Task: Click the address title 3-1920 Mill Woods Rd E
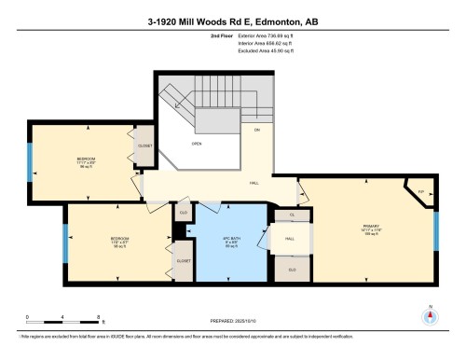pyautogui.click(x=232, y=21)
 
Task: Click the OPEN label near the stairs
pyautogui.click(x=197, y=144)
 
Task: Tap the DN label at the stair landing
pyautogui.click(x=256, y=130)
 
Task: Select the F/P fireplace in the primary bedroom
pyautogui.click(x=420, y=191)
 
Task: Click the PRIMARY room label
pyautogui.click(x=369, y=227)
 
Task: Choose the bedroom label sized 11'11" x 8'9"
pyautogui.click(x=86, y=160)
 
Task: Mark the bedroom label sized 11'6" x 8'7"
pyautogui.click(x=119, y=240)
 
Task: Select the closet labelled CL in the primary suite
pyautogui.click(x=293, y=215)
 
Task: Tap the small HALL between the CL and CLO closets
pyautogui.click(x=289, y=239)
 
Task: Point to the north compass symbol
pyautogui.click(x=430, y=315)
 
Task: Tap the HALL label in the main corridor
pyautogui.click(x=254, y=184)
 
